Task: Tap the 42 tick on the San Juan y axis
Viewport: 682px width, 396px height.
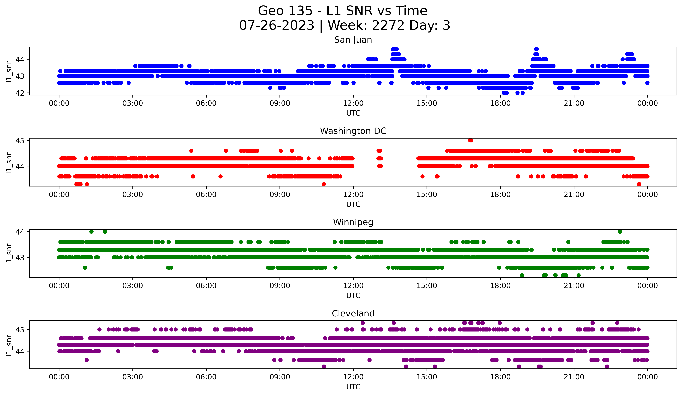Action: coord(20,93)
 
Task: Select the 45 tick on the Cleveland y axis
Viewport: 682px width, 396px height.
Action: coord(20,330)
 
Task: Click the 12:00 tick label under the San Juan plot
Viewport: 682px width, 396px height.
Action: coord(353,103)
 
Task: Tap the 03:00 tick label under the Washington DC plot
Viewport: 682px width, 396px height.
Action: coord(133,195)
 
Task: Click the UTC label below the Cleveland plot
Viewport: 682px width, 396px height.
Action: coord(353,387)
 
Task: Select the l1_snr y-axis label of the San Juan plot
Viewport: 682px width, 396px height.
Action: coord(9,72)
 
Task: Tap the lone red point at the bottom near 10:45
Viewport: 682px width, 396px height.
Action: coord(324,184)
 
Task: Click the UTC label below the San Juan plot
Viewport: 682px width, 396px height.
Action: coord(353,113)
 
